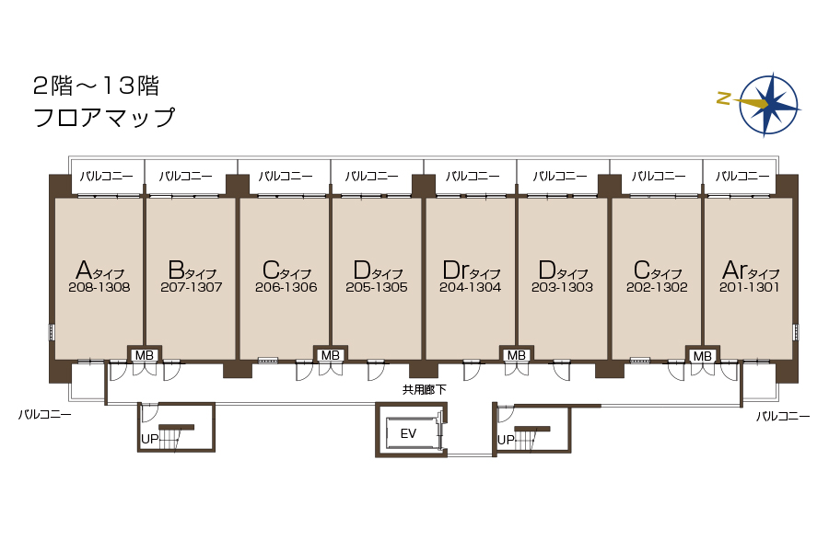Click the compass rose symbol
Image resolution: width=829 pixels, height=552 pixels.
769,104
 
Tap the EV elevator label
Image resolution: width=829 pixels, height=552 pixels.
408,433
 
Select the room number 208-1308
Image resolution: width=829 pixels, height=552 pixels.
99,287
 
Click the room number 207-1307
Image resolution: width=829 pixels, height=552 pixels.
192,287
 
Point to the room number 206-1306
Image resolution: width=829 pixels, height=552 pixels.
286,287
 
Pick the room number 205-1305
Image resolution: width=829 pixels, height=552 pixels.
377,287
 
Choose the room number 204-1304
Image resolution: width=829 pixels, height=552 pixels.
470,287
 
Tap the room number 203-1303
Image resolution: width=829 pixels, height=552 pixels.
562,287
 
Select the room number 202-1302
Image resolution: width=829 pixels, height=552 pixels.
657,287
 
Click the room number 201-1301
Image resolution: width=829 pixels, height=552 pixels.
749,287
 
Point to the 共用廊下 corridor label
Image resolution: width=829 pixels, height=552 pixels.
424,390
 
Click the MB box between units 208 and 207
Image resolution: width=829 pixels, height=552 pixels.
145,355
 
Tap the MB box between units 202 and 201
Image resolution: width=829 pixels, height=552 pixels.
702,356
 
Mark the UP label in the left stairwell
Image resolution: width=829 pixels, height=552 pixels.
149,439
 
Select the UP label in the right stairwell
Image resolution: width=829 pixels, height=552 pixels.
506,440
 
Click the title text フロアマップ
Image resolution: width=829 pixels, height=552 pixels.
103,117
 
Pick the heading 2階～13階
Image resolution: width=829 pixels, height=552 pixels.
96,86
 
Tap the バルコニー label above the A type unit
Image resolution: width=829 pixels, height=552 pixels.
106,176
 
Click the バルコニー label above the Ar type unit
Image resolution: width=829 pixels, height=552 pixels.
742,176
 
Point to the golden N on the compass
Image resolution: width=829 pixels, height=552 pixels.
724,98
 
